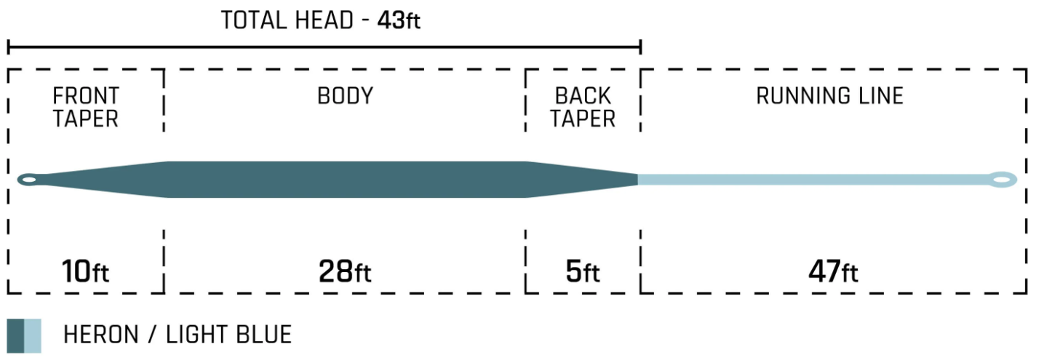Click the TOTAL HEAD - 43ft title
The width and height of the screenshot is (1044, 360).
pos(321,20)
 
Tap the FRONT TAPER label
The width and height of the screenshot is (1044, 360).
pos(86,107)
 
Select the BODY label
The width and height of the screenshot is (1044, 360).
pos(346,96)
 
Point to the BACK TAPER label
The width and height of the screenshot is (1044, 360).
pos(583,107)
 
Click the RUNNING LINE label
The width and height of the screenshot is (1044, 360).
pos(829,96)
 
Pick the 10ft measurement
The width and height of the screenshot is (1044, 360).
pos(85,271)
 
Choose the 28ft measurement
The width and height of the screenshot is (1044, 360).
pos(345,271)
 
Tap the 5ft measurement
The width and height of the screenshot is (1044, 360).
pos(583,271)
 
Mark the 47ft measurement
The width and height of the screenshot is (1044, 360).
pos(833,271)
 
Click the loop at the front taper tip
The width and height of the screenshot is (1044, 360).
pos(29,180)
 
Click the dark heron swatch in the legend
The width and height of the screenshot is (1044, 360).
pos(15,336)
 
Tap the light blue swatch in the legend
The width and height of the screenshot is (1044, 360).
pos(33,336)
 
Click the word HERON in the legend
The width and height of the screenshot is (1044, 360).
pos(100,335)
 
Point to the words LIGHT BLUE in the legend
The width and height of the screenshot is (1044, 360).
pos(229,335)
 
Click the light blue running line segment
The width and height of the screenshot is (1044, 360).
pos(813,180)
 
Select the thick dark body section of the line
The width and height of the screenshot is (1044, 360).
pos(347,180)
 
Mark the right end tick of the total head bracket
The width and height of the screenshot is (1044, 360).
pos(641,47)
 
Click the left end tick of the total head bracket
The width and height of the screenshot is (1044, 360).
pos(9,47)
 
